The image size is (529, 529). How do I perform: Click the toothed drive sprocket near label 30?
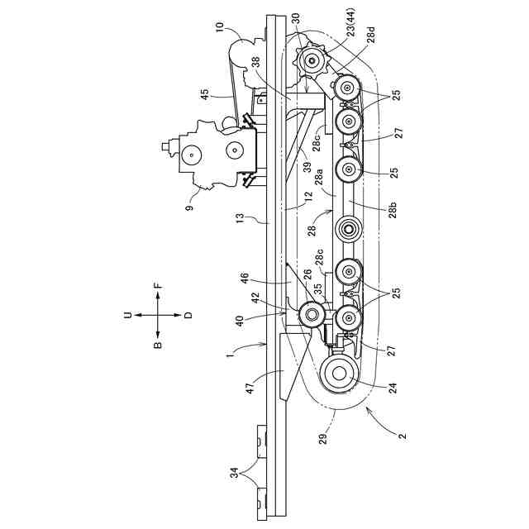pyautogui.click(x=312, y=59)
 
